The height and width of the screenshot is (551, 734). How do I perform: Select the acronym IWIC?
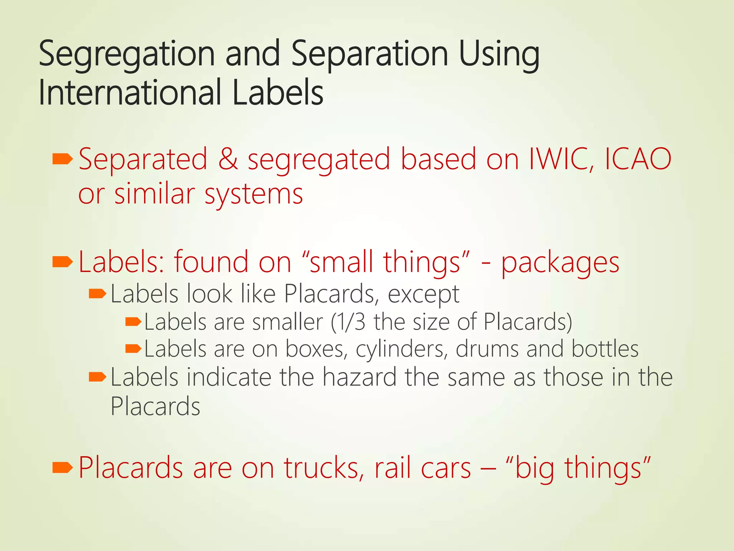click(x=561, y=159)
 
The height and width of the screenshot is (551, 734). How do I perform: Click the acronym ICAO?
click(x=638, y=159)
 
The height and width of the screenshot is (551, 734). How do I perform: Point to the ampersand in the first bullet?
click(x=228, y=159)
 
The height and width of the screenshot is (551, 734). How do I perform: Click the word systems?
click(x=254, y=195)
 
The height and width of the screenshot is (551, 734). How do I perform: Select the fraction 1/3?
click(x=348, y=321)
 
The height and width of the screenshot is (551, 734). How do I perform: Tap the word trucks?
click(x=324, y=468)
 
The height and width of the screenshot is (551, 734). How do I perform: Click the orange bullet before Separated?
click(x=62, y=159)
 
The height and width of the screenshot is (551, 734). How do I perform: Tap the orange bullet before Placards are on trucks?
click(x=62, y=467)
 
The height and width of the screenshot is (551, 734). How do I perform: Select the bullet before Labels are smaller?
click(x=133, y=322)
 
